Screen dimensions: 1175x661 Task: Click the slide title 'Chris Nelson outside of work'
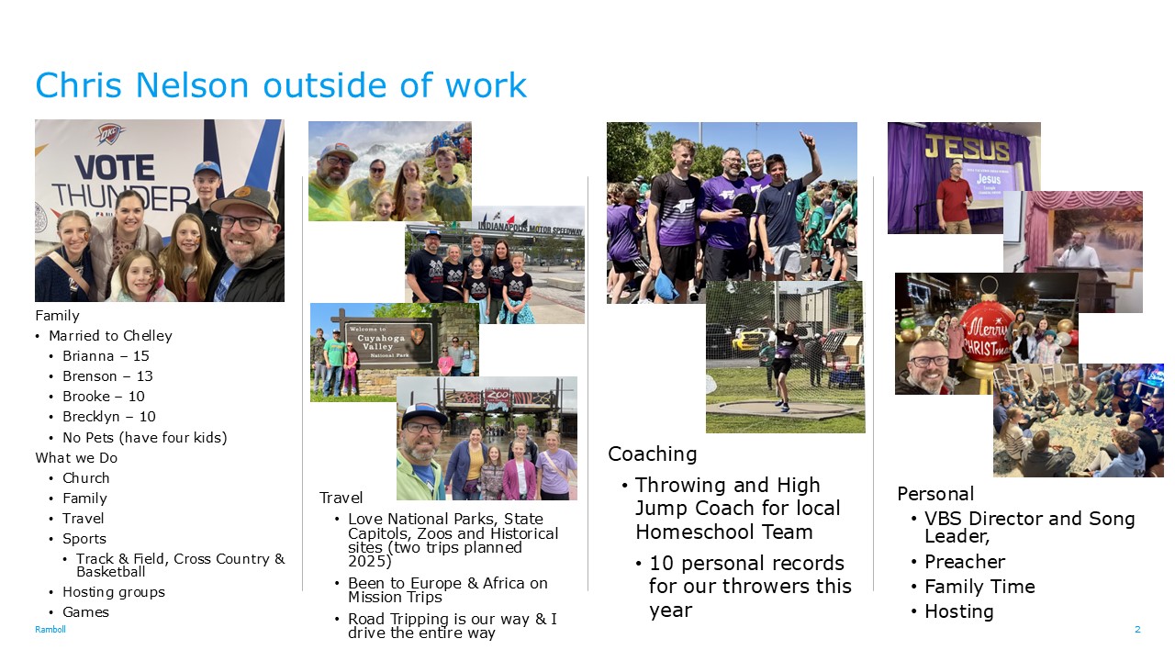(281, 85)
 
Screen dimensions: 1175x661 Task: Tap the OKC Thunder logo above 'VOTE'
(110, 134)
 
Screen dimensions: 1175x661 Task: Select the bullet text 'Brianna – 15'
(106, 356)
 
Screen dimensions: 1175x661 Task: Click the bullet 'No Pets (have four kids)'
(145, 438)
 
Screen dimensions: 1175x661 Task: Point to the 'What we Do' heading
(76, 458)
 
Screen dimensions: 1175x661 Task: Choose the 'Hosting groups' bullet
(114, 592)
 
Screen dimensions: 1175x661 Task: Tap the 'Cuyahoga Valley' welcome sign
(388, 342)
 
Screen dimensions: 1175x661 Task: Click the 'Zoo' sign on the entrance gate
(498, 394)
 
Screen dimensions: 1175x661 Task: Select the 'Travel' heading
(341, 498)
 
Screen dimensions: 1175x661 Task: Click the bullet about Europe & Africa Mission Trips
(447, 590)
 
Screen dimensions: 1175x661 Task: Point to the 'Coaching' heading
(652, 454)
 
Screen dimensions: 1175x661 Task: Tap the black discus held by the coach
(744, 205)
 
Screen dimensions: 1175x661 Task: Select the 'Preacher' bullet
(965, 562)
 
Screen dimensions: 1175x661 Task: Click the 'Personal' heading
(935, 494)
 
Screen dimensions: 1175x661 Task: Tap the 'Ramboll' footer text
(50, 630)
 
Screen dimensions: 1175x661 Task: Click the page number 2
(1137, 630)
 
